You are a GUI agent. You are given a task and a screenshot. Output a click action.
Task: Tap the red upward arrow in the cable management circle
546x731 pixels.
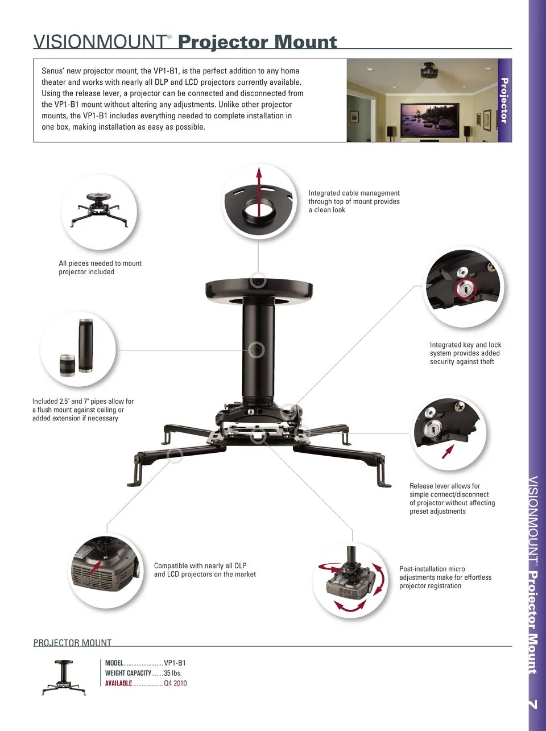(259, 192)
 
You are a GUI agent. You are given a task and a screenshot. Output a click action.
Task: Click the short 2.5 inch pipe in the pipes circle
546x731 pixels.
(67, 365)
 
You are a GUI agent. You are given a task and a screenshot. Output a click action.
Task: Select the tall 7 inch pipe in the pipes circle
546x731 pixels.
(86, 346)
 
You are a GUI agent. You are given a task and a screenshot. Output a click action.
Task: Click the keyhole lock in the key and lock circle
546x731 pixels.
(465, 289)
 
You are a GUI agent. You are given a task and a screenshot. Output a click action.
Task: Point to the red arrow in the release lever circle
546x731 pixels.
(448, 452)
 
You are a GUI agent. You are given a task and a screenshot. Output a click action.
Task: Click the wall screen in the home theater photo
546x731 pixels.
(429, 119)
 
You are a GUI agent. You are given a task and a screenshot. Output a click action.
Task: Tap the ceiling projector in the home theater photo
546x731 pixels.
(429, 71)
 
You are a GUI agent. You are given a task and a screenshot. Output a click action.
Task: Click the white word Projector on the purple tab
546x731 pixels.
(504, 101)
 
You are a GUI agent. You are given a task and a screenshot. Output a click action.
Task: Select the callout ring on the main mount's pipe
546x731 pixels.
(257, 350)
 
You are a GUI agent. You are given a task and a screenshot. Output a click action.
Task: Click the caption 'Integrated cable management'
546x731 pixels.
(354, 193)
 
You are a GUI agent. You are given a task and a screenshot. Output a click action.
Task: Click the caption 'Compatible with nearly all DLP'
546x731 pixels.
(200, 565)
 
